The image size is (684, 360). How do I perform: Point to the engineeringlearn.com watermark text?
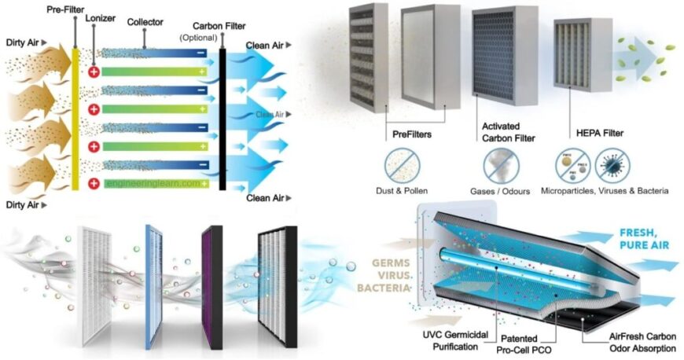click(x=154, y=184)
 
